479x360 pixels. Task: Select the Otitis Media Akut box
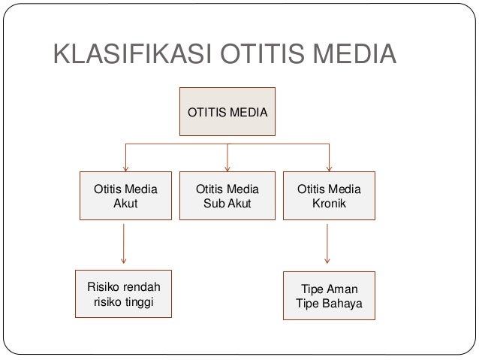(x=125, y=195)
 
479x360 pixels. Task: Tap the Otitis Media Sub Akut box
(x=227, y=195)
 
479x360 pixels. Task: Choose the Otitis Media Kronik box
(x=329, y=195)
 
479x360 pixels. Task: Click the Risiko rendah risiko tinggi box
(x=124, y=294)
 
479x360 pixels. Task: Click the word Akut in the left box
(x=125, y=203)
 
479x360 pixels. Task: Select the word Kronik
(x=329, y=203)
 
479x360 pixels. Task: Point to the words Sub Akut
(x=227, y=203)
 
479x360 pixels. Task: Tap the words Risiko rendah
(x=124, y=286)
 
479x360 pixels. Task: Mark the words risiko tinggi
(x=124, y=301)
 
